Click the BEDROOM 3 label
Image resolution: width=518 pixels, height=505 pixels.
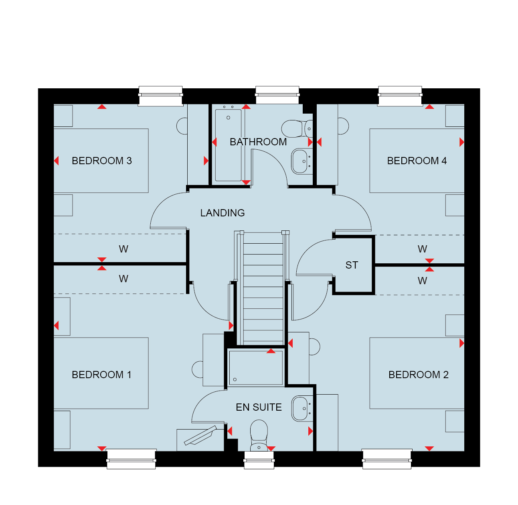(102, 161)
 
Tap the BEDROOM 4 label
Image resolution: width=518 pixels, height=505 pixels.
(417, 161)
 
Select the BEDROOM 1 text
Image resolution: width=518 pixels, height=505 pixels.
(101, 375)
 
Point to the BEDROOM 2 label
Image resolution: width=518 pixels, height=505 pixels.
(419, 375)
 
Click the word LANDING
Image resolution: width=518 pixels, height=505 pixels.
(223, 213)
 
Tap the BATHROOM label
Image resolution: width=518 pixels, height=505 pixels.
(258, 142)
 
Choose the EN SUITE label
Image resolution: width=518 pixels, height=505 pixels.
(259, 407)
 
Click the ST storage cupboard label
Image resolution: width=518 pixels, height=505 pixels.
(352, 265)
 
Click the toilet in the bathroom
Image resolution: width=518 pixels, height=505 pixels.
(297, 129)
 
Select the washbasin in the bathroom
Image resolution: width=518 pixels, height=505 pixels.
(302, 161)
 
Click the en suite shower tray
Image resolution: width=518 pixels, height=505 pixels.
(256, 368)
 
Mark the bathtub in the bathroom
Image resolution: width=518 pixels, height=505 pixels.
(228, 145)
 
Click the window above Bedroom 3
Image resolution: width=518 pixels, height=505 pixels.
(160, 96)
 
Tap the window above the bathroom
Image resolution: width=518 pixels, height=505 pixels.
(277, 95)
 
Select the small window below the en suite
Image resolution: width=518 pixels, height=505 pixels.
(259, 460)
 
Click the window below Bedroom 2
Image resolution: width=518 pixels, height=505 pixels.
(387, 459)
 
